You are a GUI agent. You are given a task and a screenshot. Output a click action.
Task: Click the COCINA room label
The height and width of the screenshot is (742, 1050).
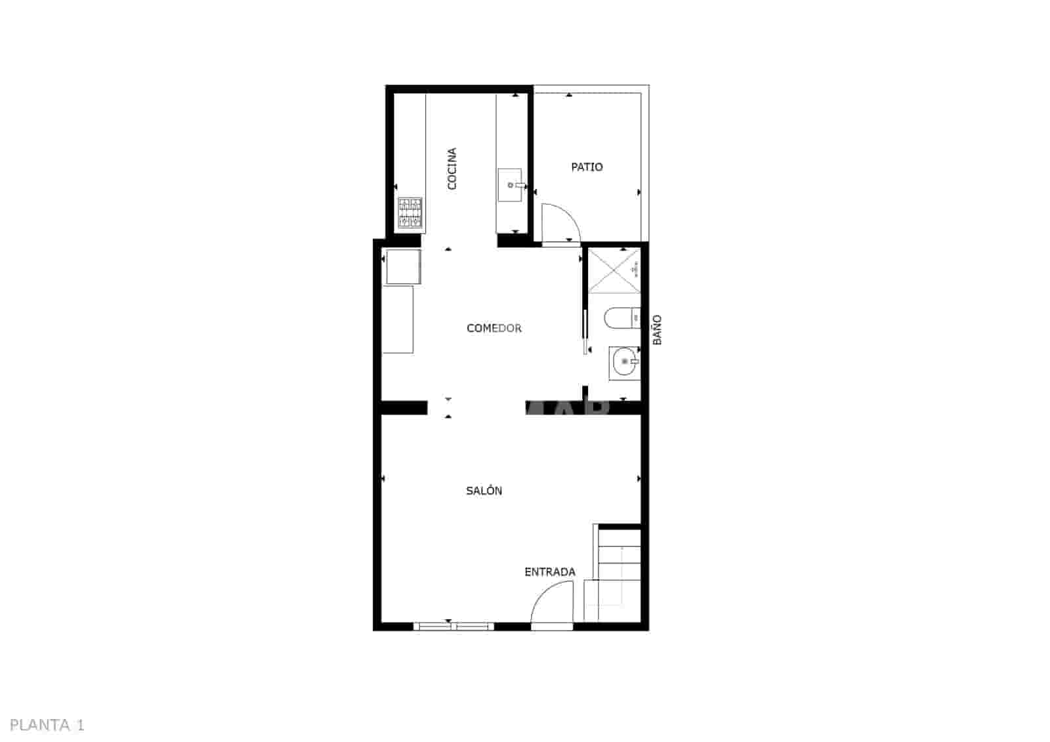pos(451,169)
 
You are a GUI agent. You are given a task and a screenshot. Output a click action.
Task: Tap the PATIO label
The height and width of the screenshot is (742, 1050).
pos(587,167)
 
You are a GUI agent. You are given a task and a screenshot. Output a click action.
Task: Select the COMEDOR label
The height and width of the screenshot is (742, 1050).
pos(493,328)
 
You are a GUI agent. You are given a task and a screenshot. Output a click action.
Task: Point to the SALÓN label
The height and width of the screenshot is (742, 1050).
pos(484,491)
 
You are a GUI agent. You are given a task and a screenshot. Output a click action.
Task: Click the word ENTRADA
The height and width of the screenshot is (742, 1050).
pos(550,572)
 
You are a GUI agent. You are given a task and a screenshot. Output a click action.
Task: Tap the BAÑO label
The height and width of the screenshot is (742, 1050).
pos(657,330)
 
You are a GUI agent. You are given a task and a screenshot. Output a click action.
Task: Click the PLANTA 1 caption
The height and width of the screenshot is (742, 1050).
pos(48,725)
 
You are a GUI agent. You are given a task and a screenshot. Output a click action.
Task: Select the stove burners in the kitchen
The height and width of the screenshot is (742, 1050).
pos(410,213)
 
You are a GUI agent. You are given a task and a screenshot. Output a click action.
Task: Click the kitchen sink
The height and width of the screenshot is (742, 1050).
pos(510,185)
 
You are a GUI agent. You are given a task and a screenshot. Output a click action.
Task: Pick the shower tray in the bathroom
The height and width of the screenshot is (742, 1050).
pos(614,270)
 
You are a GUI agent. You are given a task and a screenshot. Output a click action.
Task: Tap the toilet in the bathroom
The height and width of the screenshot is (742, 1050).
pos(621,319)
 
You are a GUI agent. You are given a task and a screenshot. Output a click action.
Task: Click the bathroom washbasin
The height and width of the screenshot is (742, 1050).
pos(624,362)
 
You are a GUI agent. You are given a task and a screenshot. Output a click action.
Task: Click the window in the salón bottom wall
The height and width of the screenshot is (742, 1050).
pos(453,627)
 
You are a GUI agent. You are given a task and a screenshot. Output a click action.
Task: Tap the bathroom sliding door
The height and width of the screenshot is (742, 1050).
pos(585,331)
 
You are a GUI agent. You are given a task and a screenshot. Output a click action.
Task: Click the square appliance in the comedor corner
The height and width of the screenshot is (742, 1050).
pos(403,267)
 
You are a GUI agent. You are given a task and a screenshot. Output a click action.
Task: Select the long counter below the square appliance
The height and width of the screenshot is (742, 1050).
pos(398,319)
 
